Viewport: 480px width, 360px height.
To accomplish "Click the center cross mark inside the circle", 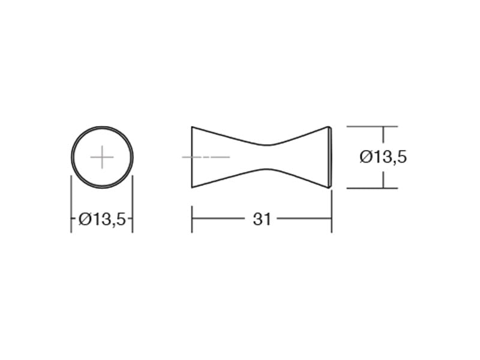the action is tap(102, 157).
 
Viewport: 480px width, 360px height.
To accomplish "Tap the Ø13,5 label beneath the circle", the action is tap(102, 219).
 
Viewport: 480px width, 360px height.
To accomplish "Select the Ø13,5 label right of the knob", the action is tap(383, 157).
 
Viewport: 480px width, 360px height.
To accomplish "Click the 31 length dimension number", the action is tap(262, 219).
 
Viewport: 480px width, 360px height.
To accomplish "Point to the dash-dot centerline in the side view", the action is tap(206, 157).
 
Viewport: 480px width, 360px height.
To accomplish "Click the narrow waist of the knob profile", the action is tap(267, 157).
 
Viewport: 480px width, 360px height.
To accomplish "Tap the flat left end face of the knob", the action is tap(192, 157).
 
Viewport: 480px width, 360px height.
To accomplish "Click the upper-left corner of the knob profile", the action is tap(192, 127).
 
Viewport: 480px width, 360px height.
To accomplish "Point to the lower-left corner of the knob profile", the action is tap(192, 188).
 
